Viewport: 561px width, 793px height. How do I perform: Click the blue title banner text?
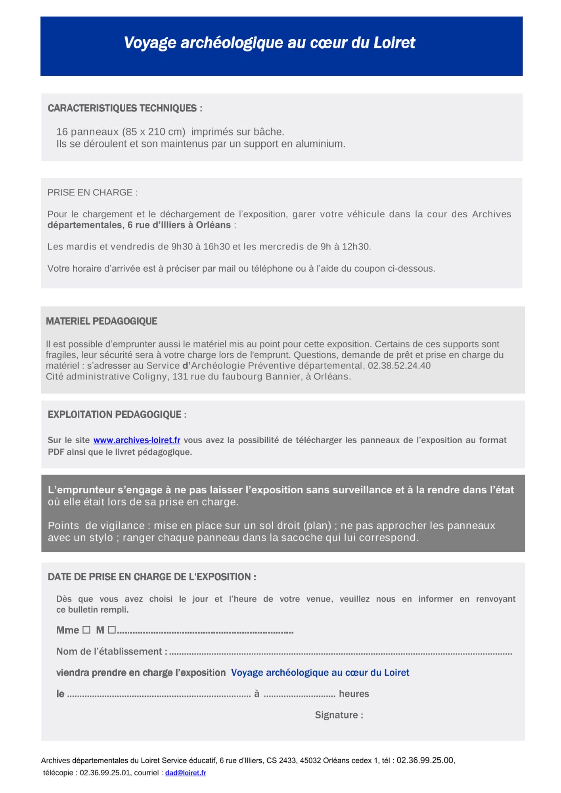[269, 43]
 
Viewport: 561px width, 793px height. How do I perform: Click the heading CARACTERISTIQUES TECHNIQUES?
[125, 108]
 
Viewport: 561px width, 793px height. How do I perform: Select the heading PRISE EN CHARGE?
[92, 193]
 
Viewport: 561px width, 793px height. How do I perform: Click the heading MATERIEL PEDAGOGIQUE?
[101, 321]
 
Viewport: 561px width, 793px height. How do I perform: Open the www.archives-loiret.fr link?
[137, 440]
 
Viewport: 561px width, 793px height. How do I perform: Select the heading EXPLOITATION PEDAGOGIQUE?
[117, 415]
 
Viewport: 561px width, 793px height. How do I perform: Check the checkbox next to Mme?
[86, 630]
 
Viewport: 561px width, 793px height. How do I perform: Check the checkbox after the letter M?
[111, 630]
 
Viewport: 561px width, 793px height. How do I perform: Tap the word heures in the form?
[354, 693]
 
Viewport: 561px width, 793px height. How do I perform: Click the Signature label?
[339, 715]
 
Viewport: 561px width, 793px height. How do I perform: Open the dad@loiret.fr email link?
[186, 773]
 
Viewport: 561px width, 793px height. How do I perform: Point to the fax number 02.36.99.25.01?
[105, 773]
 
